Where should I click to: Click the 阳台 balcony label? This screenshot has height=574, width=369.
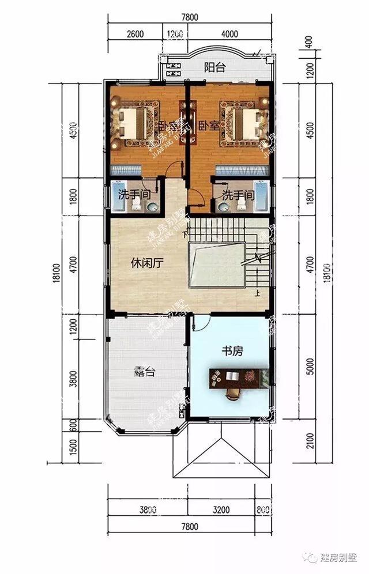point(214,67)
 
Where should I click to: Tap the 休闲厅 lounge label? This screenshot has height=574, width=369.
point(147,263)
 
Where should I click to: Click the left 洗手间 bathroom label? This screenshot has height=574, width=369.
point(131,195)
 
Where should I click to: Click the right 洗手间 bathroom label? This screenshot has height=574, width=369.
point(238,195)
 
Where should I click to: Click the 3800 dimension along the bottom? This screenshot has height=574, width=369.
point(148,510)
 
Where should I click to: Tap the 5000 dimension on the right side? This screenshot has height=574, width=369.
point(312,365)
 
